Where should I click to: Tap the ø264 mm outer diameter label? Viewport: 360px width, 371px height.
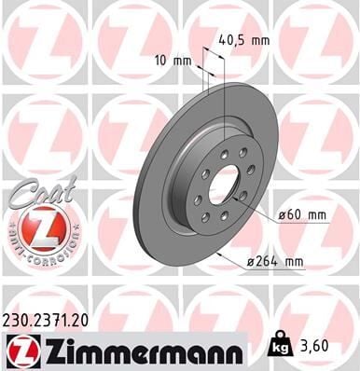coord(284,262)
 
